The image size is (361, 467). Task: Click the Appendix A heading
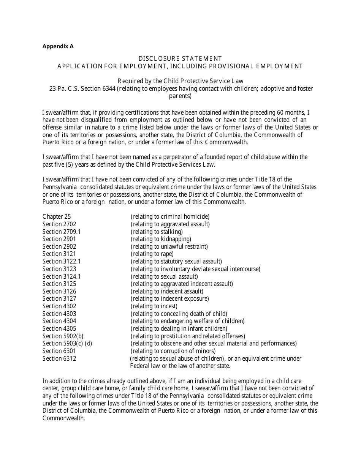click(58, 47)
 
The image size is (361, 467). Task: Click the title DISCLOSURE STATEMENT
click(180, 58)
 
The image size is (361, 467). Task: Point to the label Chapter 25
click(57, 217)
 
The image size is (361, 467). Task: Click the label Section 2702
click(59, 224)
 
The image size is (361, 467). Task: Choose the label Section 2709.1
click(62, 232)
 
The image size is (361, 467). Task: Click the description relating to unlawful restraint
click(169, 246)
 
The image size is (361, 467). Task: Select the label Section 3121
click(59, 254)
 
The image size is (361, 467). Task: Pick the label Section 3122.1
click(62, 261)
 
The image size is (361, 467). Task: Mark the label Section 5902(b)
click(63, 336)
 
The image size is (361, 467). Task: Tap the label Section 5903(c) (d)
click(67, 343)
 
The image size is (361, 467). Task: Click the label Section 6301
click(59, 351)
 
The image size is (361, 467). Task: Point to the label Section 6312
click(59, 358)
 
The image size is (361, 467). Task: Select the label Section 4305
click(59, 328)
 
